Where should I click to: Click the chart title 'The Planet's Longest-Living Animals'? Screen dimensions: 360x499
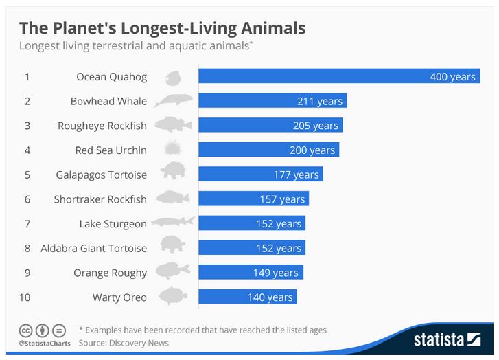click(162, 28)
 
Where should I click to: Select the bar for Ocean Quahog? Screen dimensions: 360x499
click(338, 76)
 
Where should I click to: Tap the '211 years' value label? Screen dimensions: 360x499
click(319, 101)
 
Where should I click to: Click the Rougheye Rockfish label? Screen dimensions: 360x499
click(102, 126)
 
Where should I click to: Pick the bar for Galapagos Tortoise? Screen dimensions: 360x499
click(260, 175)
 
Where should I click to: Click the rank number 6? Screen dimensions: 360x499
click(27, 199)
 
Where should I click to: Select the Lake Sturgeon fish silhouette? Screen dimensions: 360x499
click(173, 223)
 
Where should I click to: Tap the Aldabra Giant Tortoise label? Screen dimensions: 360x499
click(94, 248)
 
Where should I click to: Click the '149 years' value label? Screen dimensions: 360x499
click(275, 273)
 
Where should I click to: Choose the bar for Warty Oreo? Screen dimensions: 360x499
click(247, 297)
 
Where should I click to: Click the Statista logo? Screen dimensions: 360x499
click(447, 339)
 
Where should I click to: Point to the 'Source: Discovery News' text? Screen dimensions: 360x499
click(124, 342)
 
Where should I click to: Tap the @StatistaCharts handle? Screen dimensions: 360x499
click(42, 342)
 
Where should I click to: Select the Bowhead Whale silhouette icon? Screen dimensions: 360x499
click(174, 101)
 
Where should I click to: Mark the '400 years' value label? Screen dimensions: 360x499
click(452, 76)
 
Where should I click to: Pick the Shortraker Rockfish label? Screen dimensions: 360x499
click(100, 199)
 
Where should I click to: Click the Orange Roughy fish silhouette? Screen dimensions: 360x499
click(173, 272)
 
